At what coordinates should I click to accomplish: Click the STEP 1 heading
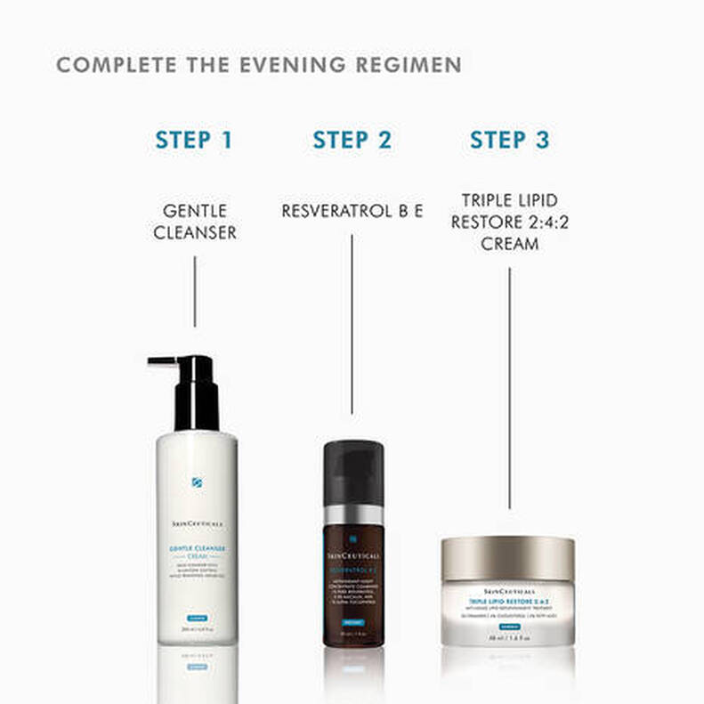click(x=193, y=140)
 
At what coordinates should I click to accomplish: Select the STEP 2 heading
click(x=352, y=140)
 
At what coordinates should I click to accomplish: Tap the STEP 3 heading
click(x=510, y=140)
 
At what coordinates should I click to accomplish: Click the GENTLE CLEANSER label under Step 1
click(x=194, y=223)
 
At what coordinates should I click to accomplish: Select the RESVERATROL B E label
click(x=352, y=212)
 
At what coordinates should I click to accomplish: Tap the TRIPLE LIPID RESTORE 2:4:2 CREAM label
click(x=509, y=222)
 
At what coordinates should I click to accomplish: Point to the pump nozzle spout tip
click(x=153, y=362)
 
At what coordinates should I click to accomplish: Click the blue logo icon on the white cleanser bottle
click(x=197, y=482)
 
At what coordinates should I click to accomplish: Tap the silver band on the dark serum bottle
click(x=352, y=515)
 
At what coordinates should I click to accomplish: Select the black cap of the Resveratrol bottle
click(x=352, y=472)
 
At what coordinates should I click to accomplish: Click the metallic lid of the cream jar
click(x=508, y=558)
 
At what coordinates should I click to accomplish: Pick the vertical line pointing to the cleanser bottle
click(x=194, y=291)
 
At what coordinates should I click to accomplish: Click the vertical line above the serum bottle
click(x=352, y=325)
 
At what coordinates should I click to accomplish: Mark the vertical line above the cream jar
click(x=509, y=387)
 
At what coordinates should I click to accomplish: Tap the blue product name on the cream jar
click(x=508, y=602)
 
